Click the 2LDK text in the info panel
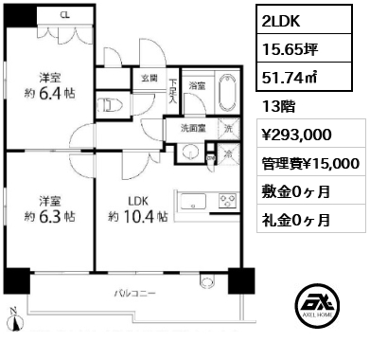tap(280, 19)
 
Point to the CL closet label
tap(63, 16)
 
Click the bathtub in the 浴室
tap(225, 99)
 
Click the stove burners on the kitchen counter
tap(228, 201)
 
